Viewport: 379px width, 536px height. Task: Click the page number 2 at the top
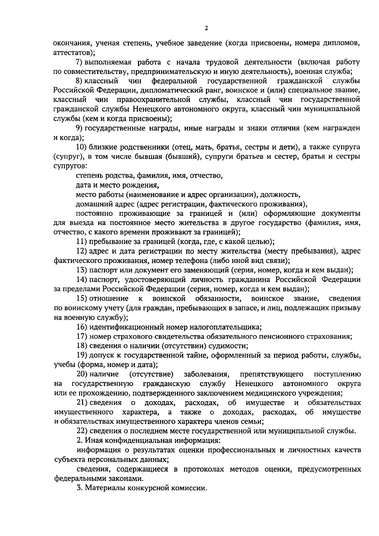coord(206,29)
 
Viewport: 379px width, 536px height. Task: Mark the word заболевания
coord(207,374)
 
